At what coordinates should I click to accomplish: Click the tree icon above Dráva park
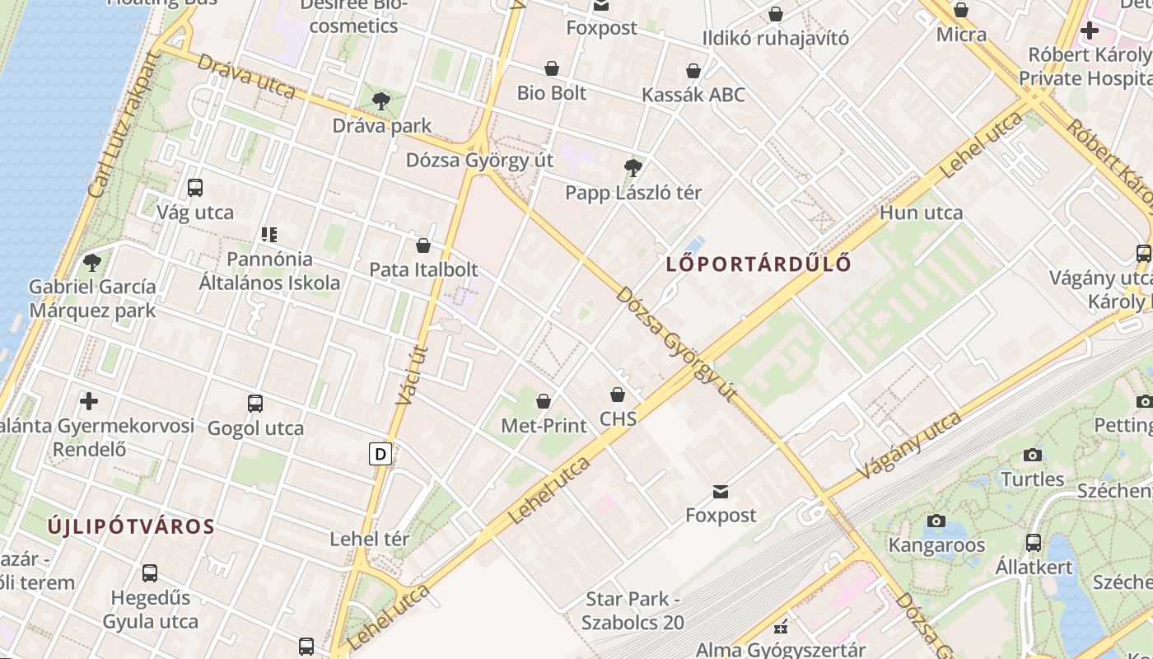tap(380, 101)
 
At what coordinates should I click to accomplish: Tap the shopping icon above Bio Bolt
tap(552, 68)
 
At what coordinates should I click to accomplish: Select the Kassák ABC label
tap(693, 95)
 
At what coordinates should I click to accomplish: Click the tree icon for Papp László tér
tap(633, 168)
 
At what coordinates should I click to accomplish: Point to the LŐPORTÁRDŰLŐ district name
tap(758, 264)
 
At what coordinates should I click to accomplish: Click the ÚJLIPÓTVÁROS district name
tap(131, 526)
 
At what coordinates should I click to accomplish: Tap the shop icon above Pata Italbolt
tap(423, 245)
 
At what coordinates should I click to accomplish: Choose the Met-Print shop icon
tap(544, 401)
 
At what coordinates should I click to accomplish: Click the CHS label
tap(619, 418)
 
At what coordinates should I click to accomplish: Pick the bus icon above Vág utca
tap(195, 188)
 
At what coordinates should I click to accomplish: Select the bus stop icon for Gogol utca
tap(255, 404)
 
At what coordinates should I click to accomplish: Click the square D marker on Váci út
tap(380, 454)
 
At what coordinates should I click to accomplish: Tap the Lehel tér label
tap(369, 540)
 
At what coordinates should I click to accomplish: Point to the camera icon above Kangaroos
tap(936, 521)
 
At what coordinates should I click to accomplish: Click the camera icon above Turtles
tap(1032, 455)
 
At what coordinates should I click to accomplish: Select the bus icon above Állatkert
tap(1034, 543)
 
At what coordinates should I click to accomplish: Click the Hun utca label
tap(921, 213)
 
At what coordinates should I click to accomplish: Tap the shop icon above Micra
tap(961, 11)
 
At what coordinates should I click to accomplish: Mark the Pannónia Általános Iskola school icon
tap(269, 235)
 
